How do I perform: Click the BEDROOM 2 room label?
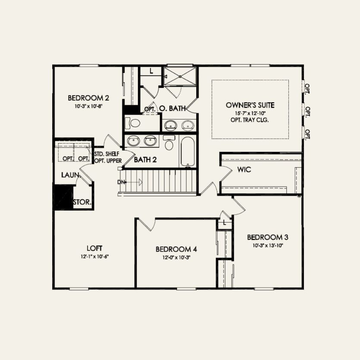click(x=88, y=97)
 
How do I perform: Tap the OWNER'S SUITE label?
click(x=250, y=105)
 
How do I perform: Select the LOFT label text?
click(x=94, y=248)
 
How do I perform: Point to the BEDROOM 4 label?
click(x=176, y=249)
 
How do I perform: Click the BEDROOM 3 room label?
click(x=267, y=237)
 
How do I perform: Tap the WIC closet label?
click(x=244, y=170)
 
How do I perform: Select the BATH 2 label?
click(x=145, y=160)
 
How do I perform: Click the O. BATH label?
click(x=172, y=109)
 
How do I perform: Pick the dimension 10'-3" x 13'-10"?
click(x=267, y=245)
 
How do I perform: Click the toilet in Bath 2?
click(x=169, y=143)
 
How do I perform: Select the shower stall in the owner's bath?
click(x=181, y=76)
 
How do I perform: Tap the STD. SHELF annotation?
click(x=108, y=153)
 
